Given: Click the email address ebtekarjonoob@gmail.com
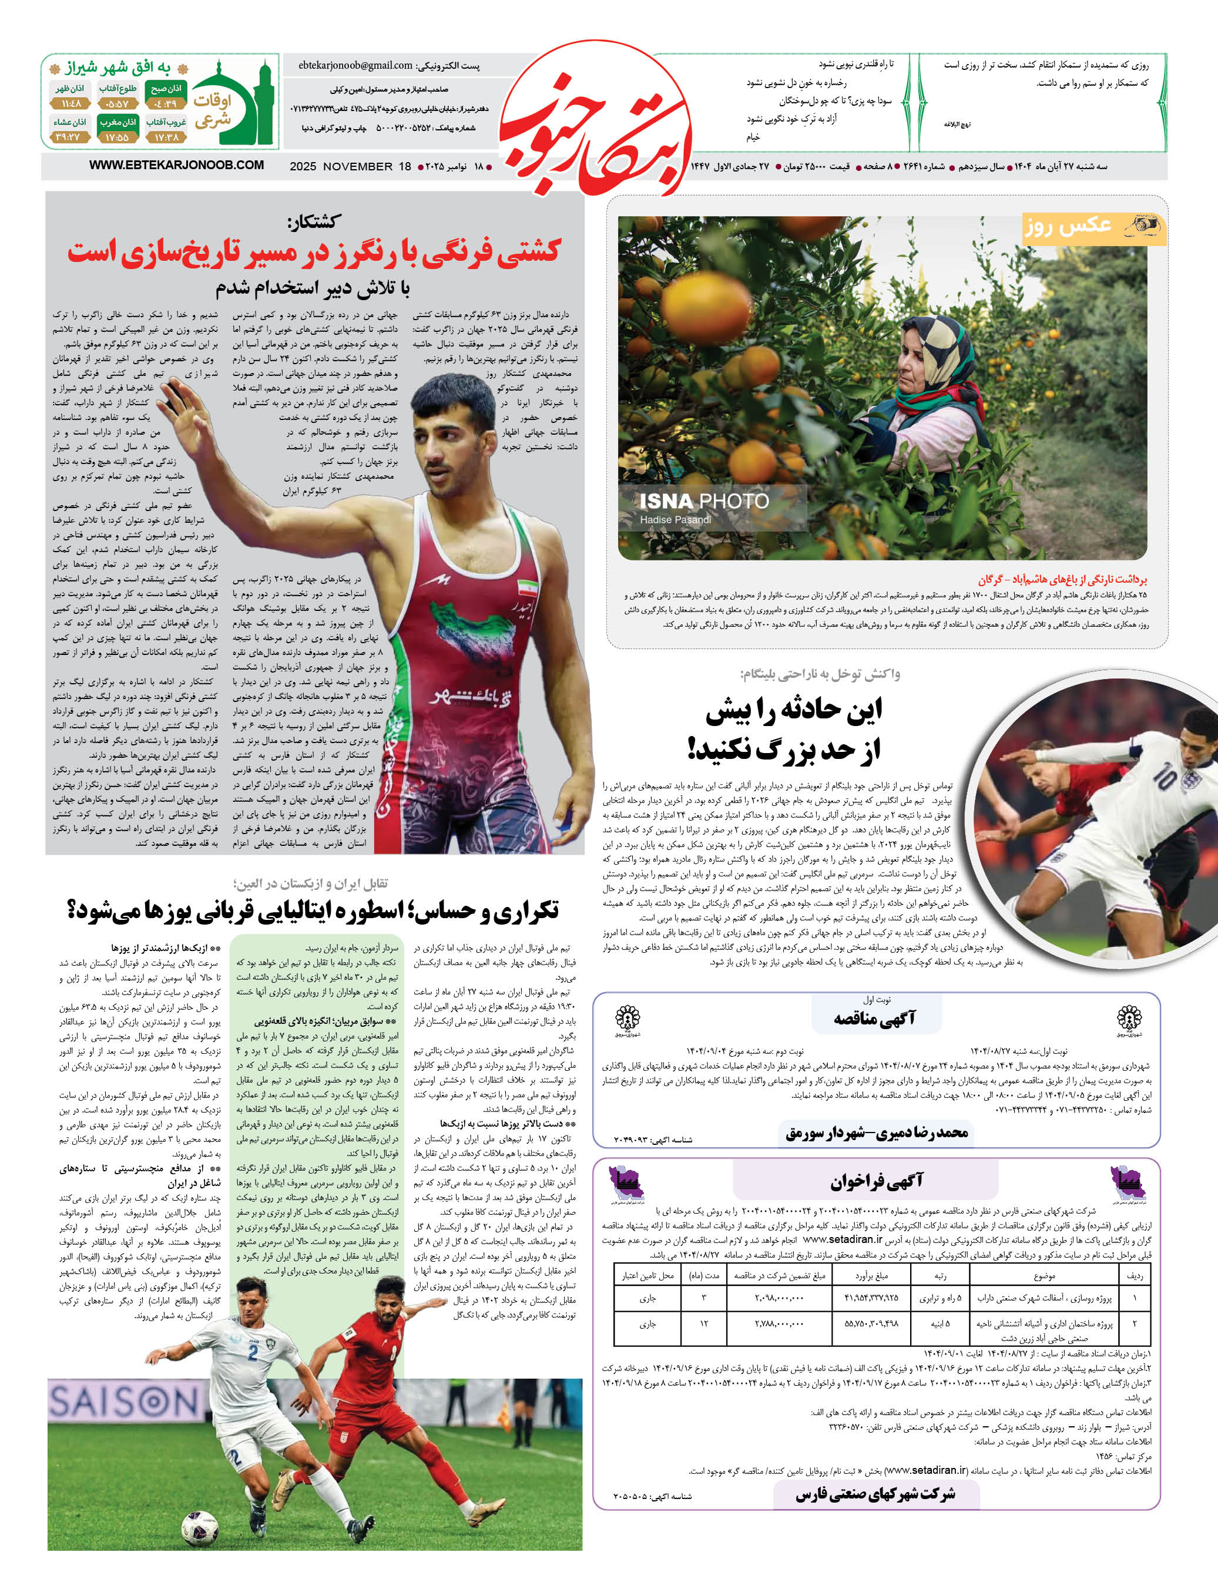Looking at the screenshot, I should click(355, 65).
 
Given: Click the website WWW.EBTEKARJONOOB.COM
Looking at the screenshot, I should click(176, 165).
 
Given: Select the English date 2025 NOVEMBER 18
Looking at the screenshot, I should click(350, 167).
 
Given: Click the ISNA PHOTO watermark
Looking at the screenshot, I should click(704, 501).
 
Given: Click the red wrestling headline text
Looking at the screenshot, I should click(314, 251).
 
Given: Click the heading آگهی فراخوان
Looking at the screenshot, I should click(877, 1181).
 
